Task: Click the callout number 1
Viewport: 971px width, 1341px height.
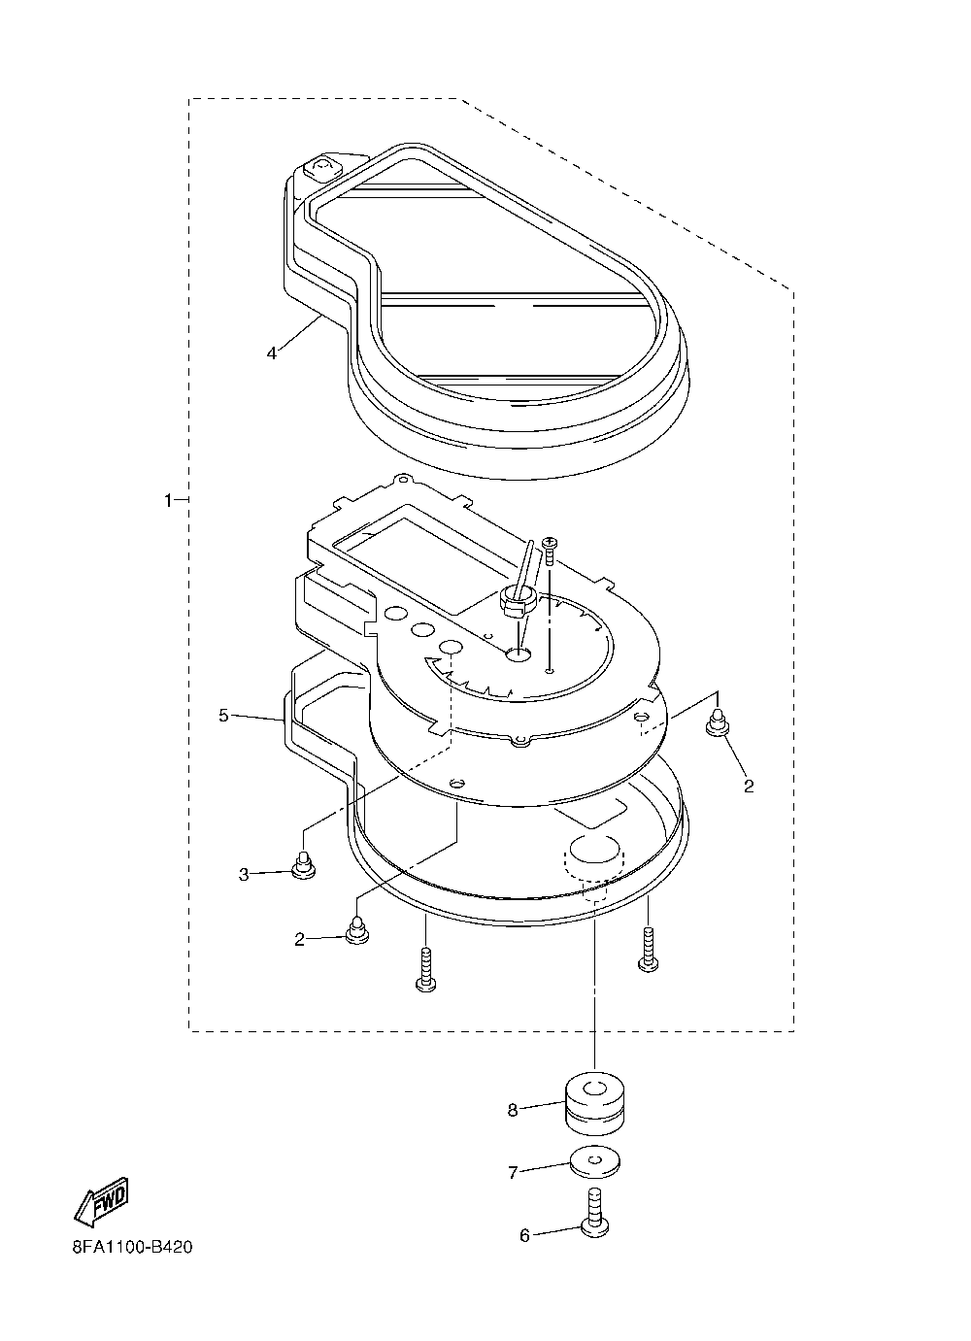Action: point(167,500)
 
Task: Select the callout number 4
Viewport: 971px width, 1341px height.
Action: point(272,352)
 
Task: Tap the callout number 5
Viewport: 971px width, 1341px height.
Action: point(223,716)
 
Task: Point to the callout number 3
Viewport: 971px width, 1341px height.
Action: point(245,874)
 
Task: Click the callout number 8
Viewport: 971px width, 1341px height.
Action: point(513,1109)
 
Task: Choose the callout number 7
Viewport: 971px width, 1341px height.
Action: point(513,1172)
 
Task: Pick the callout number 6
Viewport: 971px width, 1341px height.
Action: point(524,1235)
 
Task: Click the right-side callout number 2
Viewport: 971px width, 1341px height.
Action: point(749,786)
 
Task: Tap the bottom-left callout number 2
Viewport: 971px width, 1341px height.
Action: point(300,938)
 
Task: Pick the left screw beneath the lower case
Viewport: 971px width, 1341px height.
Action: point(425,971)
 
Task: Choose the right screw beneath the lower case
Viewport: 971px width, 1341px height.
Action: point(649,949)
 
